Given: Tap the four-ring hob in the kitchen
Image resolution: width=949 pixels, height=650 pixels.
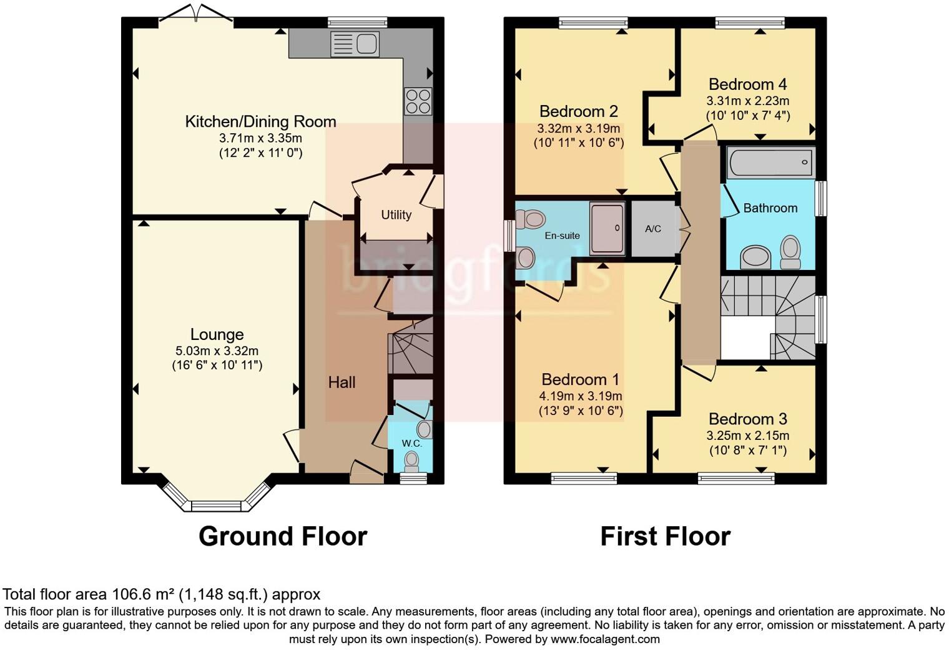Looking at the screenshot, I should pos(418,101).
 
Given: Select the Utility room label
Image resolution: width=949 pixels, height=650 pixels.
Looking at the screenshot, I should pos(396,215).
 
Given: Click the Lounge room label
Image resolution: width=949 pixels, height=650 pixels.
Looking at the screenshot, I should pos(217,335).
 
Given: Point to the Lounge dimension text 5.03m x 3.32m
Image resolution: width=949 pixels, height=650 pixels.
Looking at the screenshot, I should pos(217,351).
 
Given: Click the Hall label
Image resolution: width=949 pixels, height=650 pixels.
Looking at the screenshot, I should pos(342,382).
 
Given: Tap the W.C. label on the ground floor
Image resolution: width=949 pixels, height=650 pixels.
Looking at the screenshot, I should pos(411,443).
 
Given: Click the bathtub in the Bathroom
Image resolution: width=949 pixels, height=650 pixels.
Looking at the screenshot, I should pos(770,162).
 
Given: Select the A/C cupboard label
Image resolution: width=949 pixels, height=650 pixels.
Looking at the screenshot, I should pos(652,229).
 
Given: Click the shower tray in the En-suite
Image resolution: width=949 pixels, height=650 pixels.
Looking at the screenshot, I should pos(607,228).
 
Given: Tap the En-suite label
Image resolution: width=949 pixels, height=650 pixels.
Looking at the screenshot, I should pos(562,236).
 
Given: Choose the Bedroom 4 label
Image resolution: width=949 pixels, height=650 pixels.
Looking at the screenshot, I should pos(747,84).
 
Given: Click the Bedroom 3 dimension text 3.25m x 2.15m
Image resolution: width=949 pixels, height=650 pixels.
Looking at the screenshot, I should pos(747,436).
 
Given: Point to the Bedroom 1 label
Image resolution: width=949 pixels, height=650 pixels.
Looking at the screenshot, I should pos(580,379).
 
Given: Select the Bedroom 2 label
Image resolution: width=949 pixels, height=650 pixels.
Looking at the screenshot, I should pos(578,111).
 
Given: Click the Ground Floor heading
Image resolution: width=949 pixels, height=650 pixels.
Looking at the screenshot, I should pos(282,536).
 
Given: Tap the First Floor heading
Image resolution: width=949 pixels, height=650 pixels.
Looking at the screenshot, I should pos(665,536).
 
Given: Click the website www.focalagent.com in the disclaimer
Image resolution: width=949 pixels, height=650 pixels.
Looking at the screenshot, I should pos(605,639).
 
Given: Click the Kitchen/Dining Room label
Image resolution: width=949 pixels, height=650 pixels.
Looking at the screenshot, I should pos(260,121).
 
